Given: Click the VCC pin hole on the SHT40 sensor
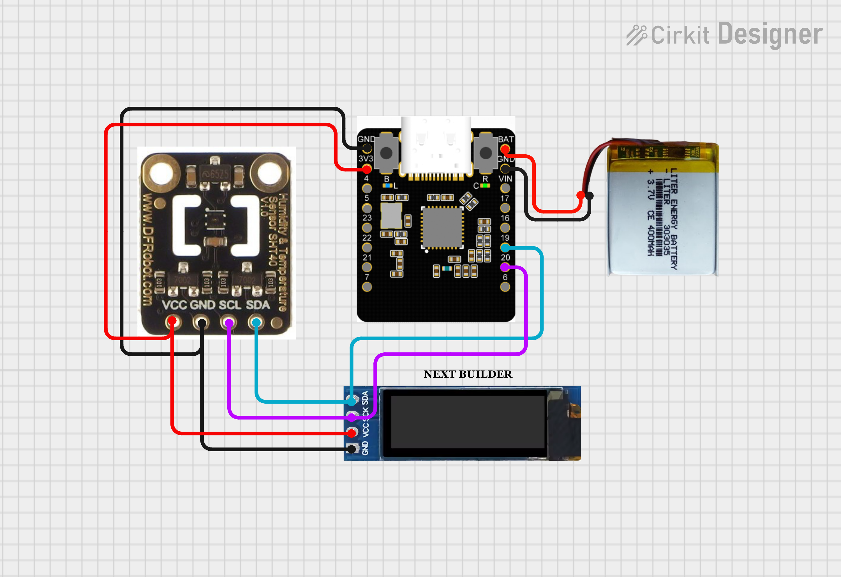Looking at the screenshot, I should pyautogui.click(x=172, y=321).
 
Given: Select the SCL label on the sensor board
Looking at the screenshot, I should pyautogui.click(x=229, y=305).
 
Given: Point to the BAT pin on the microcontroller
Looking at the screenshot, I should pyautogui.click(x=505, y=148).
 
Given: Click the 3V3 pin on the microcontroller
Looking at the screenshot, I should pyautogui.click(x=367, y=168).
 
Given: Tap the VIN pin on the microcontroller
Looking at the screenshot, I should pyautogui.click(x=505, y=188).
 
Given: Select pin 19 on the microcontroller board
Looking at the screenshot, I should pyautogui.click(x=505, y=248).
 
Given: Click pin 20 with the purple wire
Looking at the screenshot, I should pyautogui.click(x=505, y=267).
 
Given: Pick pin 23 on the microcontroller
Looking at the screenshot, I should pyautogui.click(x=367, y=228).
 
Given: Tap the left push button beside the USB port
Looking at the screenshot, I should pyautogui.click(x=386, y=153).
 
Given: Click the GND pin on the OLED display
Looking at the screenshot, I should pyautogui.click(x=351, y=449).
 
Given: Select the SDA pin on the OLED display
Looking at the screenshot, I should pyautogui.click(x=351, y=401).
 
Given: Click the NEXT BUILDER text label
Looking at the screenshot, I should pyautogui.click(x=468, y=374).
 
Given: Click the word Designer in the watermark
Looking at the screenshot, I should pyautogui.click(x=770, y=34).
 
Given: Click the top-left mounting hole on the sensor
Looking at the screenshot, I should pyautogui.click(x=161, y=173).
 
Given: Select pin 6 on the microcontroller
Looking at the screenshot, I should pyautogui.click(x=505, y=287).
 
